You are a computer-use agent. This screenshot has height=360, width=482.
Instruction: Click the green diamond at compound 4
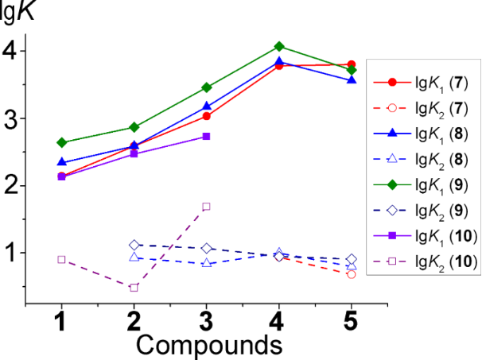click(278, 46)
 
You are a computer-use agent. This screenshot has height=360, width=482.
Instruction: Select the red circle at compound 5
click(351, 64)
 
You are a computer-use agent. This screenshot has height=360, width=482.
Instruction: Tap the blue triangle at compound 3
click(206, 106)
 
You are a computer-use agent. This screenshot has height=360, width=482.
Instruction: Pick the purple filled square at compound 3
click(206, 136)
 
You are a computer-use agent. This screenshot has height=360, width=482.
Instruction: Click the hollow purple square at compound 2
click(134, 288)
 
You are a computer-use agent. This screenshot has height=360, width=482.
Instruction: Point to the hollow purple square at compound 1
click(61, 260)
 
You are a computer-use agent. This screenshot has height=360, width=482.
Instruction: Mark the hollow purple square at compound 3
click(206, 207)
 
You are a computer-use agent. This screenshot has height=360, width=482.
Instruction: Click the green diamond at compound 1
click(61, 142)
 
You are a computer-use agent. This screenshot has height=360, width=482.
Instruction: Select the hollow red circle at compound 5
click(351, 274)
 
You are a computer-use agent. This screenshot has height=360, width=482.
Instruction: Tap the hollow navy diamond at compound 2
click(134, 246)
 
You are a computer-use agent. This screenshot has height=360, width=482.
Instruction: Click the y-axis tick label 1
click(10, 253)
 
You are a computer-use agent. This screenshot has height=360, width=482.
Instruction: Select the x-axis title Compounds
click(209, 346)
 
